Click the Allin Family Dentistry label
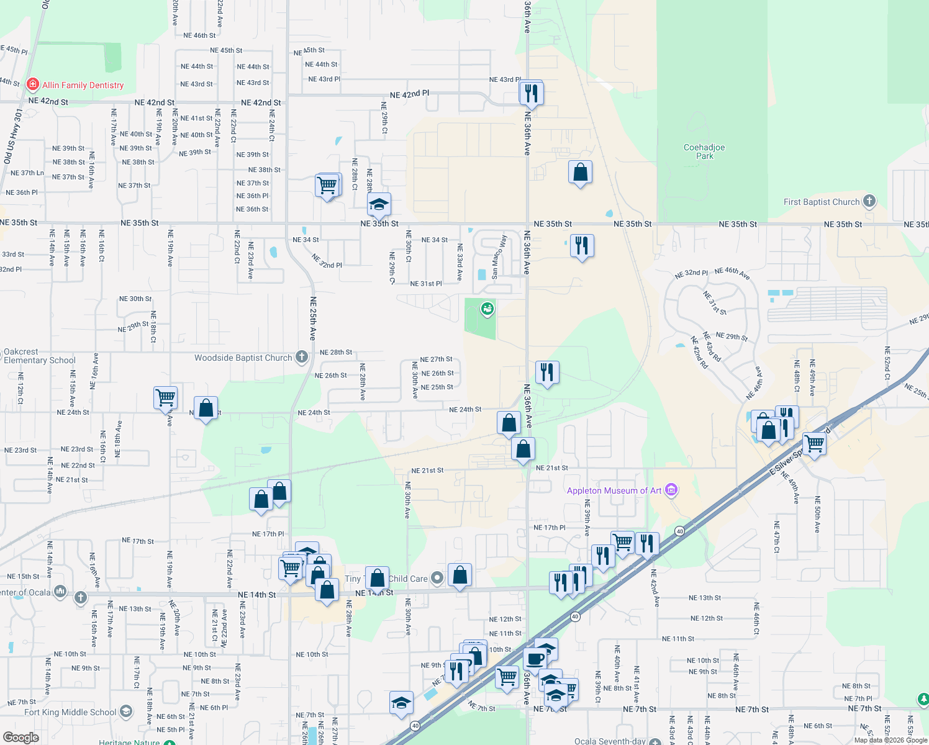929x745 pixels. click(83, 85)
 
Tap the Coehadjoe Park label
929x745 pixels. click(704, 151)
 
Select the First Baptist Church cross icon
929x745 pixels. click(869, 201)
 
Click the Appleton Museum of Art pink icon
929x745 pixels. click(671, 490)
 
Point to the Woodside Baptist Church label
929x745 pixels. click(243, 358)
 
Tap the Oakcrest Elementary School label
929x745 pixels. click(39, 356)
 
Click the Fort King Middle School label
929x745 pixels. click(70, 712)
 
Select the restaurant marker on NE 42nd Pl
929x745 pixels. click(531, 93)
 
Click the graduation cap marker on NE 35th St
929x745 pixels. click(378, 204)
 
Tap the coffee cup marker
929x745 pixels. click(535, 659)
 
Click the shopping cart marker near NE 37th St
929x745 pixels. click(327, 185)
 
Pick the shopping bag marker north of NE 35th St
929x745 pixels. click(580, 173)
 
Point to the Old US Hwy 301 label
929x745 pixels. click(14, 136)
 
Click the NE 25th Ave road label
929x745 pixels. click(313, 318)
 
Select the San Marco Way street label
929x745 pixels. click(498, 256)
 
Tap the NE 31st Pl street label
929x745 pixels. click(426, 284)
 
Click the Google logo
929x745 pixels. click(20, 738)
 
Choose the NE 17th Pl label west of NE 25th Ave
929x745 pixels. click(268, 534)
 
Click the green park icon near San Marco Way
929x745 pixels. click(487, 307)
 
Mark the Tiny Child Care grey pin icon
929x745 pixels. click(437, 578)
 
